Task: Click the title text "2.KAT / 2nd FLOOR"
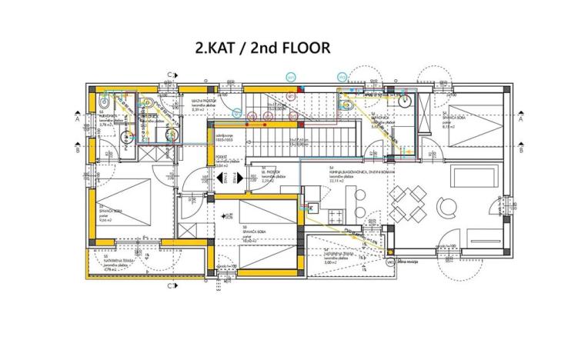(262, 48)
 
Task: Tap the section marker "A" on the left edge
(78, 119)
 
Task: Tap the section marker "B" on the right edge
(521, 150)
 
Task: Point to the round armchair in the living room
(446, 207)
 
